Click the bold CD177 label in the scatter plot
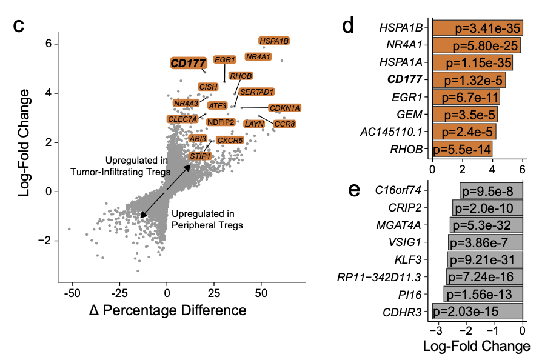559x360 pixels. pyautogui.click(x=188, y=62)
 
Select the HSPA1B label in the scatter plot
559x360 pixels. pyautogui.click(x=275, y=41)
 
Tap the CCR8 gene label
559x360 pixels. pyautogui.click(x=284, y=124)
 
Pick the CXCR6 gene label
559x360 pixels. pyautogui.click(x=230, y=141)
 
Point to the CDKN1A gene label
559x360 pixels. pyautogui.click(x=284, y=108)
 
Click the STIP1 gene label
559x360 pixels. pyautogui.click(x=200, y=156)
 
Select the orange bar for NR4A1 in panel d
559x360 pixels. pyautogui.click(x=476, y=45)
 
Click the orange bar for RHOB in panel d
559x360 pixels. pyautogui.click(x=462, y=148)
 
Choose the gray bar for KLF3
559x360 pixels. pyautogui.click(x=485, y=260)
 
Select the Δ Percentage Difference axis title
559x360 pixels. pyautogui.click(x=167, y=310)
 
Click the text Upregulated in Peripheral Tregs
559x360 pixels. pyautogui.click(x=206, y=219)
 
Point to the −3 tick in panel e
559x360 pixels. pyautogui.click(x=435, y=331)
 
